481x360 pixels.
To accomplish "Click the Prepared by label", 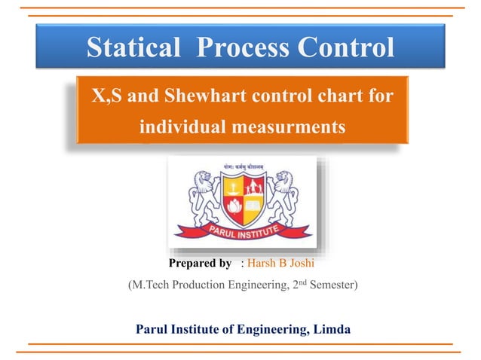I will pyautogui.click(x=200, y=264).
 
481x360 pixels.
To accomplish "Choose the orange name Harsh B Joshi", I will pyautogui.click(x=279, y=264).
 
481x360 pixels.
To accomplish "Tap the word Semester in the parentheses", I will pyautogui.click(x=326, y=286).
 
